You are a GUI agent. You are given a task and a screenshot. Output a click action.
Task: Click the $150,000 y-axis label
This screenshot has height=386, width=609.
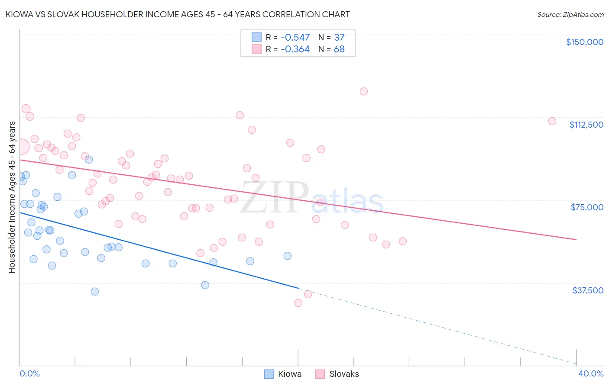point(584,42)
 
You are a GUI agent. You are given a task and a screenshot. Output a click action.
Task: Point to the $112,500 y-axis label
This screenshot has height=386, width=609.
point(586,125)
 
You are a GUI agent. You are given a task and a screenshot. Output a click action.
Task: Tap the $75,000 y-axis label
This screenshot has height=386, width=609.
point(587,207)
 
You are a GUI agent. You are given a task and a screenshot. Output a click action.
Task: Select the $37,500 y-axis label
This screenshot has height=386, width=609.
point(587,290)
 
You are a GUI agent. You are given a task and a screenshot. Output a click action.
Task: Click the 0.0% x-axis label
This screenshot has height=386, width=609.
point(29,373)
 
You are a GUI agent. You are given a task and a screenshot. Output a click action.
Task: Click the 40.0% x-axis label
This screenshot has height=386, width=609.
point(590,373)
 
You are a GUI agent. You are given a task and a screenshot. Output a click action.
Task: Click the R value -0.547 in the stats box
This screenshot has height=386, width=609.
point(295,38)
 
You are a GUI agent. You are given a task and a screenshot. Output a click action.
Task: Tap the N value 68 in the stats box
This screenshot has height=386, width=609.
point(339,49)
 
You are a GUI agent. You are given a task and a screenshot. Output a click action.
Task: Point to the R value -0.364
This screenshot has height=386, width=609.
point(295,49)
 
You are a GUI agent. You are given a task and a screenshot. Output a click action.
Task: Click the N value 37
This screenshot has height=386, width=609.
point(339,38)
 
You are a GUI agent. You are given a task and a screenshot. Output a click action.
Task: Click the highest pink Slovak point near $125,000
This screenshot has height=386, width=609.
point(364,91)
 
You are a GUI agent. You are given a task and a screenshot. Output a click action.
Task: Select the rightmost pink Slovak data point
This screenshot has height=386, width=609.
point(552,121)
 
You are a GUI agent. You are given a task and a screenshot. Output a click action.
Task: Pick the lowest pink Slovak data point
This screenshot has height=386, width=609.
point(298,303)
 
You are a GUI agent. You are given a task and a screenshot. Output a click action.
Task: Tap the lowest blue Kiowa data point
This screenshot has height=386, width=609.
point(95,292)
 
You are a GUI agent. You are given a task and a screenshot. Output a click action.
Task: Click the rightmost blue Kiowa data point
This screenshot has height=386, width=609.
point(287,256)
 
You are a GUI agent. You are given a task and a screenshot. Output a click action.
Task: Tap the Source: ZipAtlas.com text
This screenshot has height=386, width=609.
point(570,15)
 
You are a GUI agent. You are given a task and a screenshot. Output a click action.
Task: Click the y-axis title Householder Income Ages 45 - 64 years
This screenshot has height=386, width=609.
point(12,197)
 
